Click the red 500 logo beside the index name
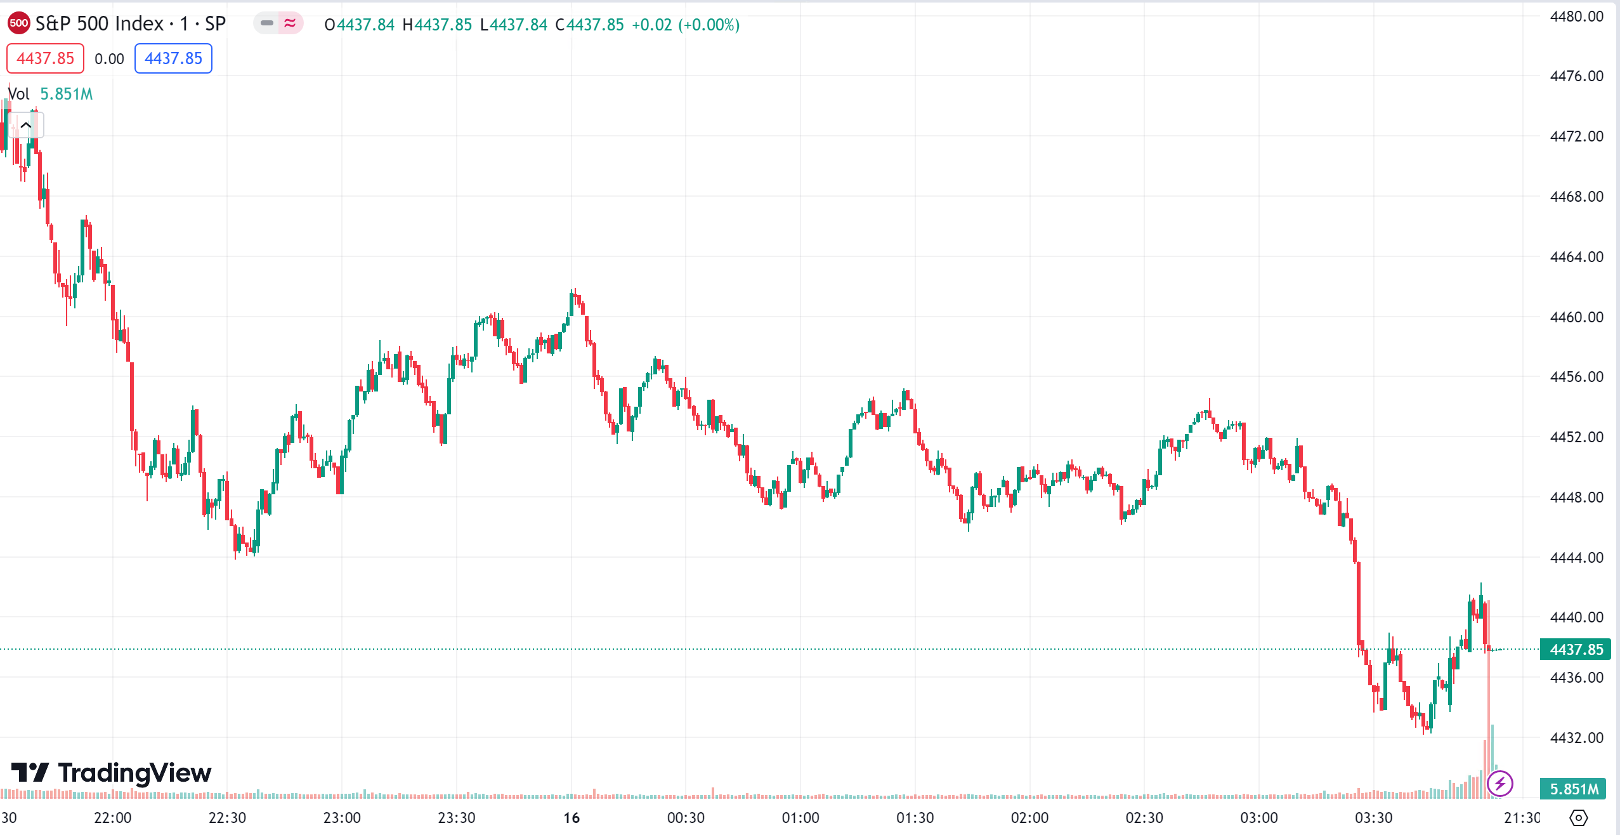tap(18, 23)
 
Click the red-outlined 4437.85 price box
tap(45, 58)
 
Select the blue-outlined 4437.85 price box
tap(173, 58)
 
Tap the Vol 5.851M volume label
tap(50, 94)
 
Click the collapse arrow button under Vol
tap(26, 125)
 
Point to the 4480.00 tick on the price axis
tap(1576, 16)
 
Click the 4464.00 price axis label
tap(1576, 257)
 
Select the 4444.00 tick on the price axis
tap(1576, 558)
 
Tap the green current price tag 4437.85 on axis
tap(1576, 649)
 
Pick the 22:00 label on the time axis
tap(113, 818)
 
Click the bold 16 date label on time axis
tap(572, 818)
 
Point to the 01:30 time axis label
tap(915, 818)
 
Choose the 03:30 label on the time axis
tap(1373, 818)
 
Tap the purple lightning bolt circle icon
tap(1500, 783)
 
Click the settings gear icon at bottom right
tap(1578, 818)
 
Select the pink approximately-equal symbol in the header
tap(290, 23)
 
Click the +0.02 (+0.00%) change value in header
tap(686, 25)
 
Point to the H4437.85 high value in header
tap(437, 25)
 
